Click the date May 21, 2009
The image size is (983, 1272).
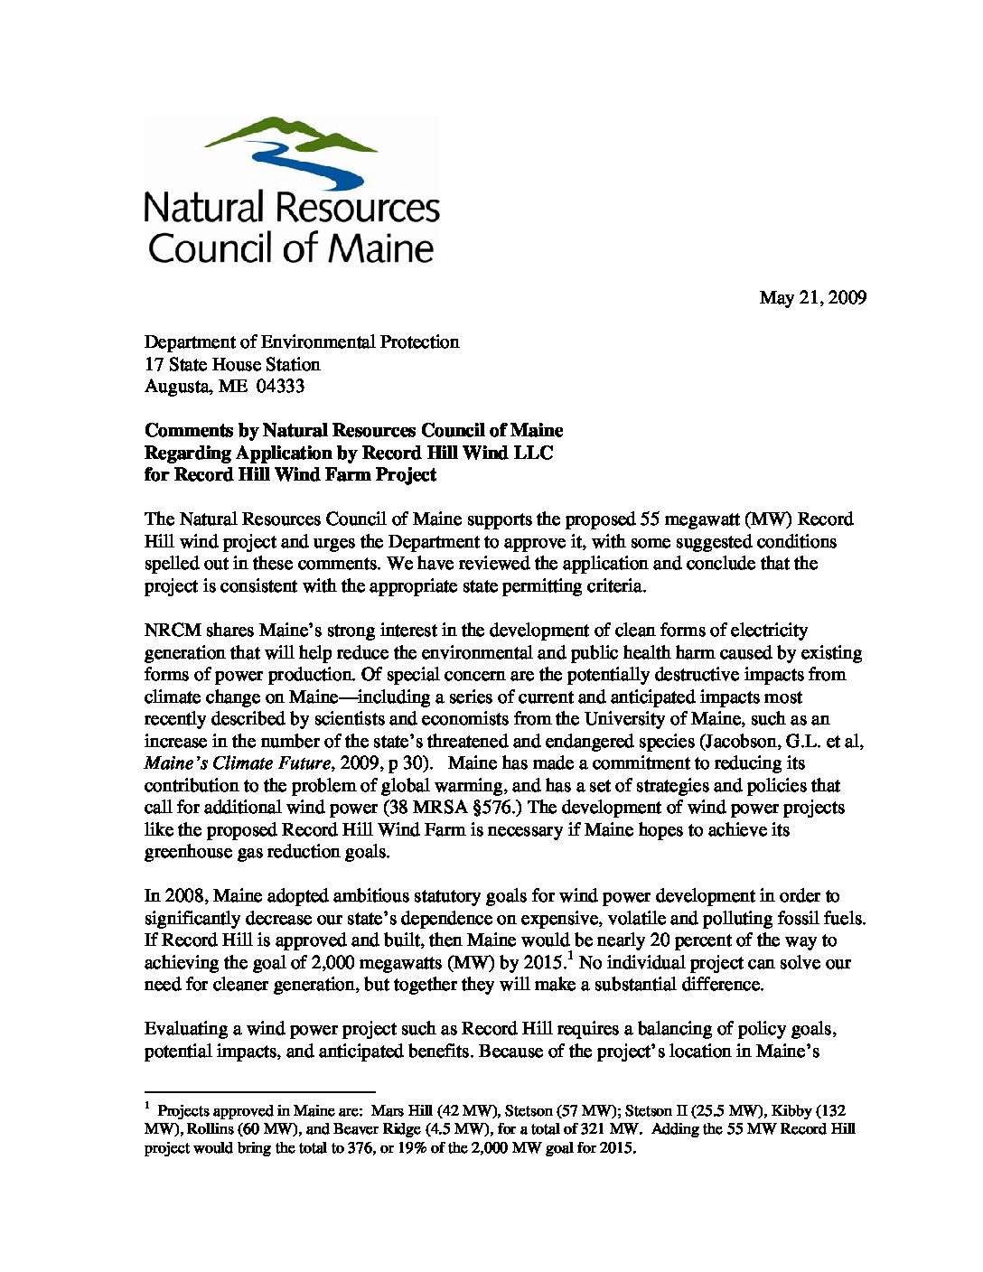point(812,297)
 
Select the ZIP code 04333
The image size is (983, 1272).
point(280,387)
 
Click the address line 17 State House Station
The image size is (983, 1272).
point(232,365)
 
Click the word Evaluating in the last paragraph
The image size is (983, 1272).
point(184,1029)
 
